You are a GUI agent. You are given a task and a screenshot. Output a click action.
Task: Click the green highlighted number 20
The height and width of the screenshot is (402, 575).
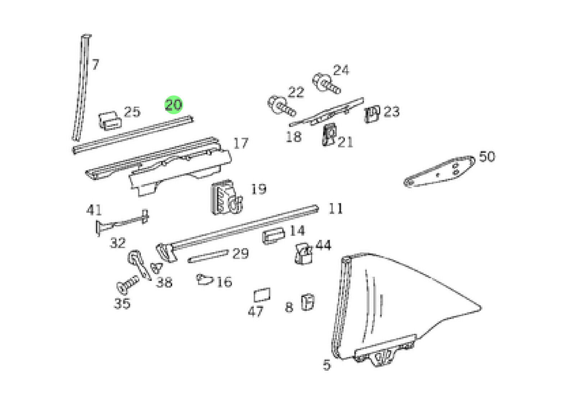click(173, 105)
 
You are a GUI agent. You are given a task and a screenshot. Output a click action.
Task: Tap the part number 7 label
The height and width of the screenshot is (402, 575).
click(96, 64)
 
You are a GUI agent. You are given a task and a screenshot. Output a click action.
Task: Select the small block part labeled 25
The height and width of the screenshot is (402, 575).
click(110, 121)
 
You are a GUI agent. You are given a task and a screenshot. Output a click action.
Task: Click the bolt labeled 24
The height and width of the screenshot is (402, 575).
click(326, 84)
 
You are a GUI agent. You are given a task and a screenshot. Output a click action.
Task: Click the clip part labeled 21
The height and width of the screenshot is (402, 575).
click(329, 134)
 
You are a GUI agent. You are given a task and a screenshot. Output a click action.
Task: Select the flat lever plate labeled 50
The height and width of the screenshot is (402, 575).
click(439, 171)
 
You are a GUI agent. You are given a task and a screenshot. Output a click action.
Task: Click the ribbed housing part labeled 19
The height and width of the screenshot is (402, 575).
click(226, 197)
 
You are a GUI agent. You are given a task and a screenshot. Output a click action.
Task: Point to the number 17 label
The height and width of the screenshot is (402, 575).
click(241, 143)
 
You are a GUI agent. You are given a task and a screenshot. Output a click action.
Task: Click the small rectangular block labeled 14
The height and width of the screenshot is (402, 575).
click(273, 236)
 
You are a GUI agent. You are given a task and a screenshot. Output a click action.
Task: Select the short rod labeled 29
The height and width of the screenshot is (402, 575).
click(208, 256)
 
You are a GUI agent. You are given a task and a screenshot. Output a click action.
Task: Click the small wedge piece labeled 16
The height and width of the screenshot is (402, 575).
click(204, 279)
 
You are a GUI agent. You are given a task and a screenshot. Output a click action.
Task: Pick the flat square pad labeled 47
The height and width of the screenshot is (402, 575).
click(262, 294)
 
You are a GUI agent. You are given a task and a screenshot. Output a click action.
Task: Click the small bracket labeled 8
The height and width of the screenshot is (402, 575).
click(308, 302)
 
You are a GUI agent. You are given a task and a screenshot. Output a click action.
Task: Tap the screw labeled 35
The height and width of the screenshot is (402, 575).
click(128, 284)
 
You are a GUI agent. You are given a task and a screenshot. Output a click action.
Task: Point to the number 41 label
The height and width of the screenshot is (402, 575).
click(94, 210)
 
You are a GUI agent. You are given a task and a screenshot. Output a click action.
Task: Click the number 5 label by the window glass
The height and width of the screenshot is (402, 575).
click(327, 365)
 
